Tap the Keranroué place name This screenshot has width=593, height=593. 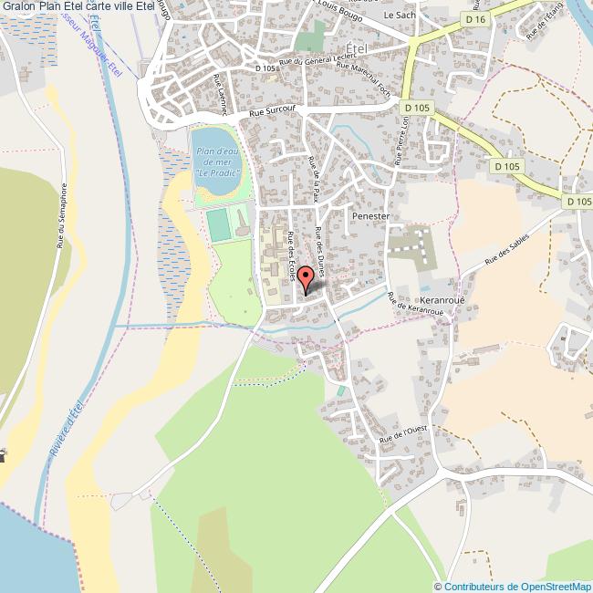tap(442, 299)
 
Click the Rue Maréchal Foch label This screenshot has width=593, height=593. tap(349, 78)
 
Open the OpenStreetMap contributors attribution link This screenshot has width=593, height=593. tap(514, 586)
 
